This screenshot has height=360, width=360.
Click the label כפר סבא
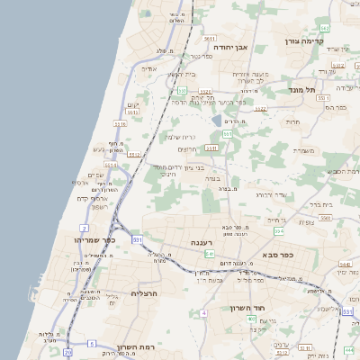tap(280, 255)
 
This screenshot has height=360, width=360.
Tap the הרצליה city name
tap(145, 293)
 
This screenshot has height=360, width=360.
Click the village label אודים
tap(150, 68)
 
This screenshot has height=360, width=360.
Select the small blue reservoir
tap(217, 121)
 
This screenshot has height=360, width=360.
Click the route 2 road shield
tap(84, 228)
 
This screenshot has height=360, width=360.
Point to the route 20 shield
tap(67, 353)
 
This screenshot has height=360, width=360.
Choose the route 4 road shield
tap(204, 312)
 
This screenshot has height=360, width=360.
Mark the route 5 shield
tap(92, 343)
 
